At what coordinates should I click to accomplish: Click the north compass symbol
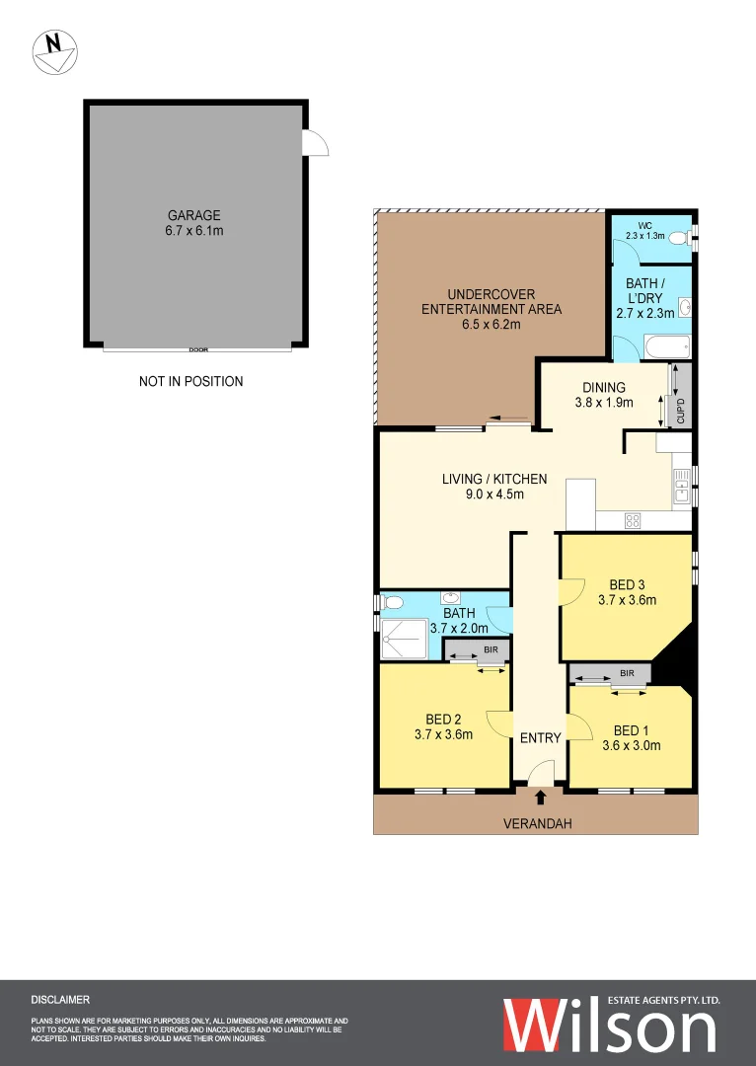click(55, 50)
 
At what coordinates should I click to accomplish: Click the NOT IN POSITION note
click(190, 381)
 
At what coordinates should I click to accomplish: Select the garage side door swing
click(316, 143)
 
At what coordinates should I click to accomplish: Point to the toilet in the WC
click(678, 238)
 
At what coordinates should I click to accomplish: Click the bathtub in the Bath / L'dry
click(666, 347)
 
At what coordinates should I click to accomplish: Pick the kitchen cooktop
click(634, 520)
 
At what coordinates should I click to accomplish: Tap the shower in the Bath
click(405, 638)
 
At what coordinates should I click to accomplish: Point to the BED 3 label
click(627, 590)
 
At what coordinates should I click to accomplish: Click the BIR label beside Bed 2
click(491, 651)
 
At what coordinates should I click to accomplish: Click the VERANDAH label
click(537, 823)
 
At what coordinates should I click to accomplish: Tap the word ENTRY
click(540, 738)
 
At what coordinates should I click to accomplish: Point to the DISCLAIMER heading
click(60, 1000)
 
